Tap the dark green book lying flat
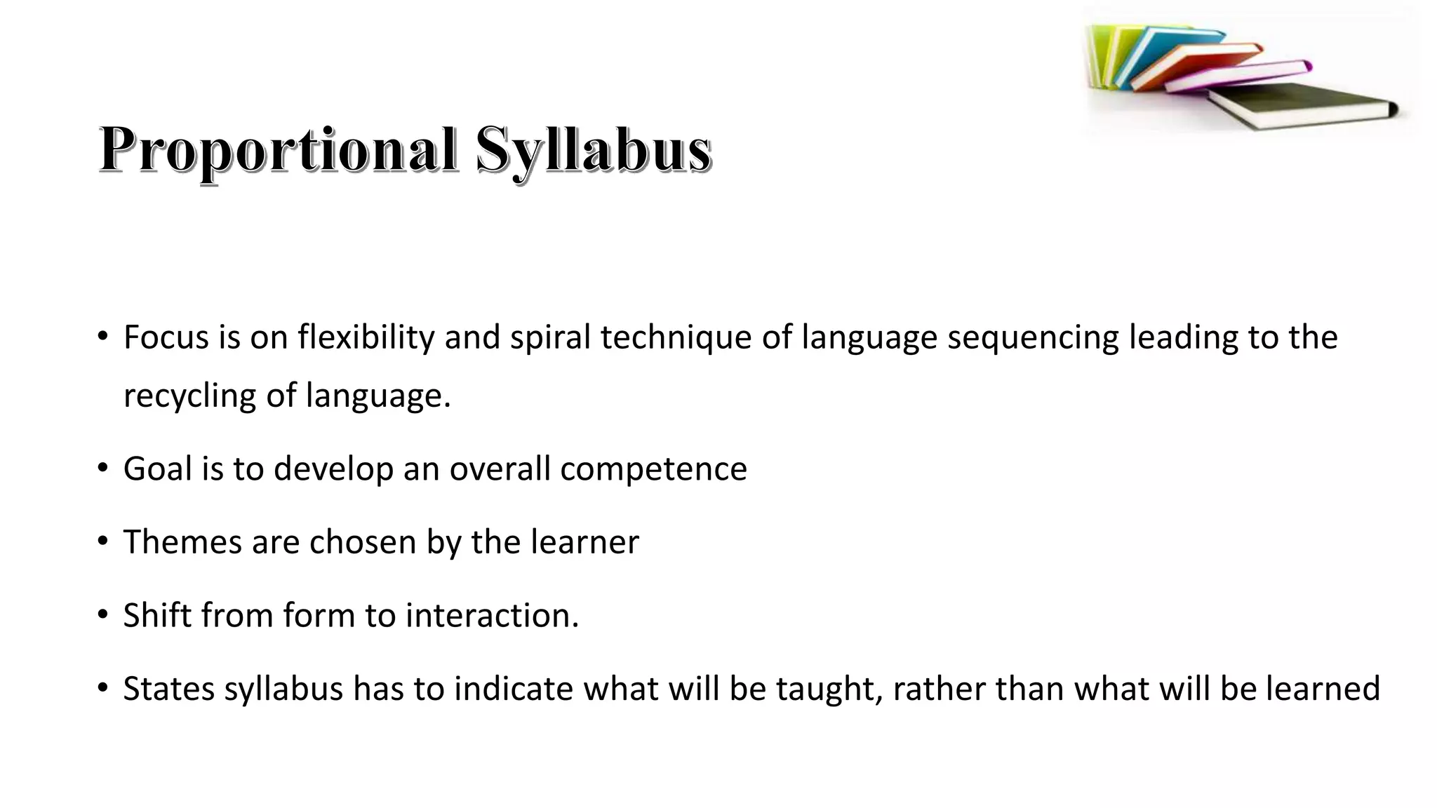pos(1298,104)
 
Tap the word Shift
pos(157,615)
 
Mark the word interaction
pos(492,615)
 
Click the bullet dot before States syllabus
pos(103,688)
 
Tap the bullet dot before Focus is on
pos(103,337)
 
